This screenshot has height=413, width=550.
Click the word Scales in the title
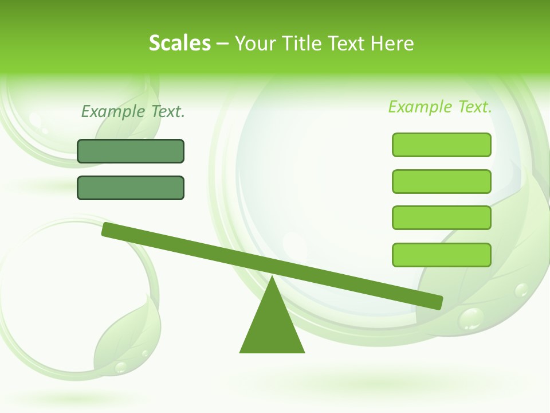click(179, 43)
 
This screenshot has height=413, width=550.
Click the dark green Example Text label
click(133, 111)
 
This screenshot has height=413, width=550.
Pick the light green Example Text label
click(440, 107)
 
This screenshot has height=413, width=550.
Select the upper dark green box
click(131, 151)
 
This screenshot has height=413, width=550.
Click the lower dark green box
click(131, 188)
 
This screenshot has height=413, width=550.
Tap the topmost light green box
click(441, 145)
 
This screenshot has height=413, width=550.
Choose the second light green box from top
click(441, 181)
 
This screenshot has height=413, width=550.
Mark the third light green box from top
click(441, 217)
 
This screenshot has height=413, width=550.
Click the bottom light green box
click(441, 255)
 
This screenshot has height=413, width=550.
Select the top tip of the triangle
click(272, 278)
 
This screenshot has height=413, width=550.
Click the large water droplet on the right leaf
click(472, 318)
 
